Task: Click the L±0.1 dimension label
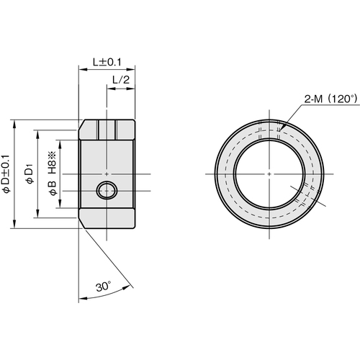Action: pos(107,62)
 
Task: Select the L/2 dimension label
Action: pos(121,80)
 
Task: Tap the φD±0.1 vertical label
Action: pos(6,174)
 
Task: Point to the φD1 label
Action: pos(30,174)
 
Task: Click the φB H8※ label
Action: pos(52,173)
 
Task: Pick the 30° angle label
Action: pos(104,287)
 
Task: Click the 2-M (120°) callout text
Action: pos(331,99)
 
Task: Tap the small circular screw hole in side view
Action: pos(107,191)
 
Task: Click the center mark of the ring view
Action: pos(269,174)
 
